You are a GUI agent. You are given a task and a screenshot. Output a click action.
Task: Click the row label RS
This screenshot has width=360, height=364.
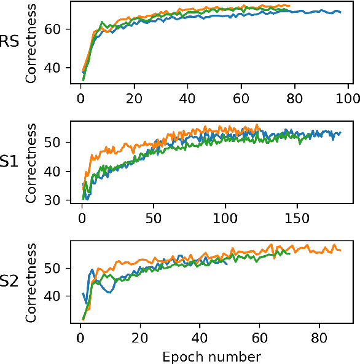(9, 42)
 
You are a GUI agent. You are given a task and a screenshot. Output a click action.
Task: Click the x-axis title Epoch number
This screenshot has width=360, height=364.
(211, 357)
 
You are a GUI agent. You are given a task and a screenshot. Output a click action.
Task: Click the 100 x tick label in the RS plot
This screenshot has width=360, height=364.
(348, 97)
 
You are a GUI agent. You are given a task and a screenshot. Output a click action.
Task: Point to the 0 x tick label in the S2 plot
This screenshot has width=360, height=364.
(80, 338)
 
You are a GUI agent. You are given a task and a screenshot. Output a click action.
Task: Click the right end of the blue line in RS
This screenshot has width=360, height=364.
(340, 12)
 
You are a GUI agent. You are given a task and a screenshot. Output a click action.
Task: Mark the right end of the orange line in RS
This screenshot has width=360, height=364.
(289, 6)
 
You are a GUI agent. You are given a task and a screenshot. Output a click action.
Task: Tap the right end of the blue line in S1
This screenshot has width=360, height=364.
(340, 133)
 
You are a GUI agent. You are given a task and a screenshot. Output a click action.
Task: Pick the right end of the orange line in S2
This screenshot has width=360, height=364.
(340, 250)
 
